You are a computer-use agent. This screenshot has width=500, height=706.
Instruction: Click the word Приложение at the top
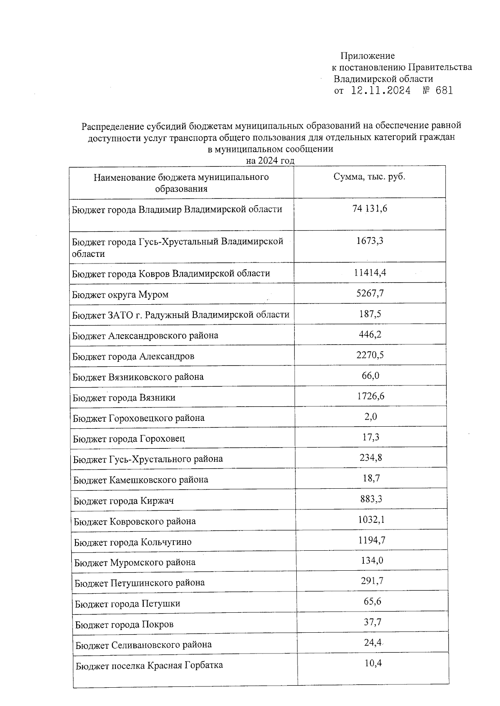[x=367, y=56]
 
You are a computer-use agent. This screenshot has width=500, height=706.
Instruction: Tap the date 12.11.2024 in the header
[x=380, y=91]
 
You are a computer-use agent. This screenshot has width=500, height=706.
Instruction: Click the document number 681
[x=443, y=91]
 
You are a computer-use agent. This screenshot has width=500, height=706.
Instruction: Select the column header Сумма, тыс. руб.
[x=369, y=176]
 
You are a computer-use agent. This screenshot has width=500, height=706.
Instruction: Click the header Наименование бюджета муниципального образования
[x=181, y=183]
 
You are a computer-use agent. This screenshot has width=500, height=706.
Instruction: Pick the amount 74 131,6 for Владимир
[x=370, y=209]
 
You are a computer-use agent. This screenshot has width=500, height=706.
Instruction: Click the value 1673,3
[x=370, y=241]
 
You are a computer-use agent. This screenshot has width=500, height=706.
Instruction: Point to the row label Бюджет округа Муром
[x=120, y=295]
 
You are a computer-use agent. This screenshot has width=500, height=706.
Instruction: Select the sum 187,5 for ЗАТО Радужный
[x=370, y=314]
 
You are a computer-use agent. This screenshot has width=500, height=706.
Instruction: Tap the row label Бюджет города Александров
[x=133, y=356]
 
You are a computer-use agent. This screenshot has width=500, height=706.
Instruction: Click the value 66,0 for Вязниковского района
[x=370, y=376]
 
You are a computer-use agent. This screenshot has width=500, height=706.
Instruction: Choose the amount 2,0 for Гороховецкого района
[x=370, y=417]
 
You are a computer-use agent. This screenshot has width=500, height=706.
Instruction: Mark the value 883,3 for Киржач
[x=371, y=499]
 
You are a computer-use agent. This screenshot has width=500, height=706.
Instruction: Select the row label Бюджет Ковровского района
[x=135, y=522]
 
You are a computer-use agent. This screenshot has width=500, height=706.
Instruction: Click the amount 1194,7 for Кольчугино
[x=371, y=540]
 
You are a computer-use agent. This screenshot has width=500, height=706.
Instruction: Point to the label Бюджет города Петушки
[x=127, y=604]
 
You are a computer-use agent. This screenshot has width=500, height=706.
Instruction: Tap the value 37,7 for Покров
[x=372, y=622]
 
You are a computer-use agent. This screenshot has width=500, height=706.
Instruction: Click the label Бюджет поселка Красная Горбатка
[x=149, y=665]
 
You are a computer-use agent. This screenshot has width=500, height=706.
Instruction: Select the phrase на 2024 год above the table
[x=270, y=161]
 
